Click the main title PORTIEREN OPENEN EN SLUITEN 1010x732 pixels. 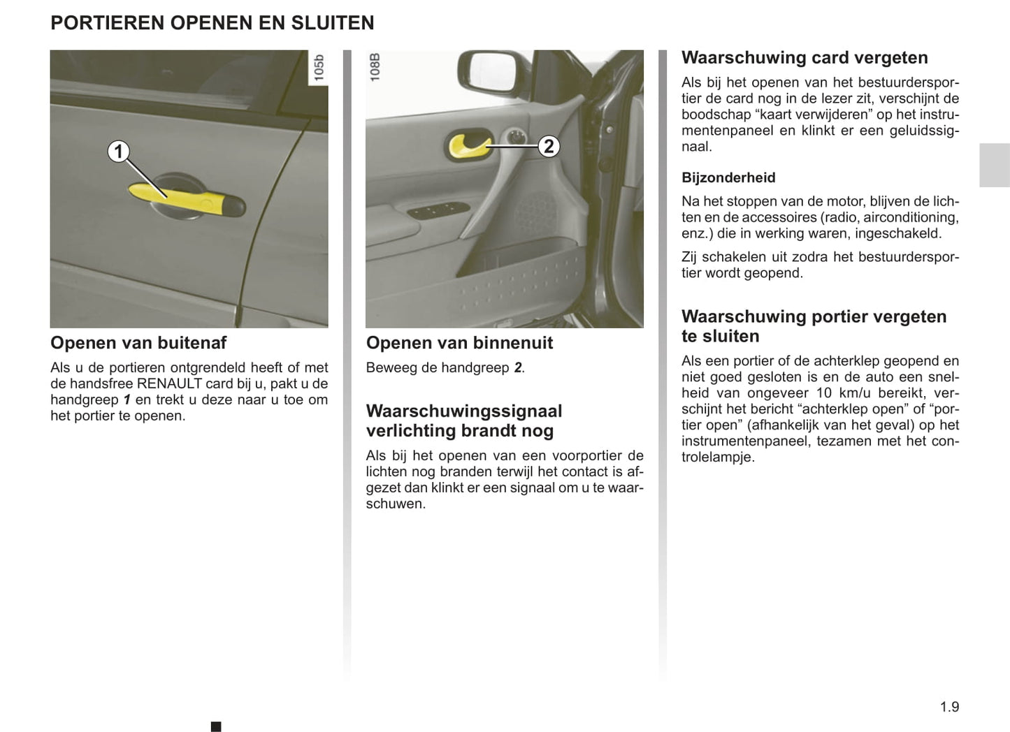click(212, 23)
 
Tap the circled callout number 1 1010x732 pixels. click(118, 151)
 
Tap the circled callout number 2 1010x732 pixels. click(549, 146)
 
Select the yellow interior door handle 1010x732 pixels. click(467, 147)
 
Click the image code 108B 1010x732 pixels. click(375, 68)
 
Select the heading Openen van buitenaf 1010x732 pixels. click(138, 343)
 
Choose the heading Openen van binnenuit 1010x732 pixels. click(459, 343)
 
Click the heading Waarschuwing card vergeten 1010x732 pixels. click(805, 58)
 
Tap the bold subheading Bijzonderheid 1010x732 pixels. click(728, 178)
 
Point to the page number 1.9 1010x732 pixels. click(949, 707)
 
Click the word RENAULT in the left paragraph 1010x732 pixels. click(169, 383)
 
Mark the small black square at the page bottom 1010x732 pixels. click(216, 726)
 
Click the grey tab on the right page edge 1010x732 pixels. click(994, 165)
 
